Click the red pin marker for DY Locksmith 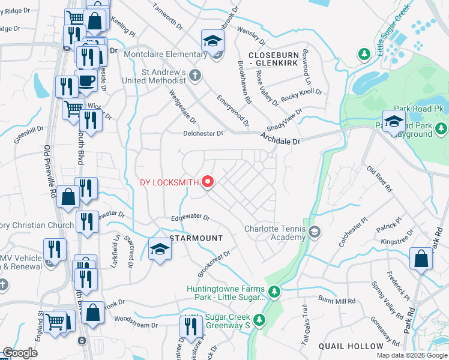tap(208, 181)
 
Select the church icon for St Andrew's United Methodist tap(194, 75)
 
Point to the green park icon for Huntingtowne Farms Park tap(274, 292)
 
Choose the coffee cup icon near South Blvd tap(86, 81)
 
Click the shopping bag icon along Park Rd tap(421, 259)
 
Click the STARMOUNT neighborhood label tap(196, 238)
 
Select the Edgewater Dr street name tap(190, 218)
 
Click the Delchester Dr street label tap(203, 134)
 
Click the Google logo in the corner tap(20, 353)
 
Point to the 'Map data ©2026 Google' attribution tap(412, 355)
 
